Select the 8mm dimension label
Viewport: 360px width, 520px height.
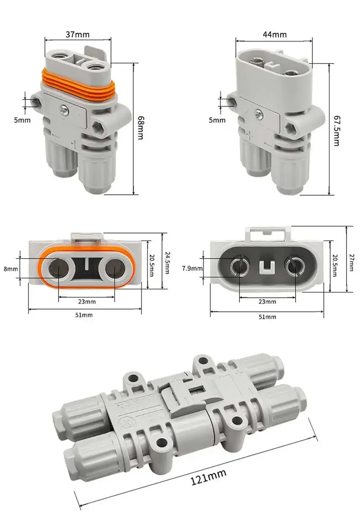point(12,269)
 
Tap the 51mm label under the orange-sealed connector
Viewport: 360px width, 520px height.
point(84,315)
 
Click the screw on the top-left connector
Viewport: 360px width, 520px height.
point(66,108)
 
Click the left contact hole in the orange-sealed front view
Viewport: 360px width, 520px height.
point(58,269)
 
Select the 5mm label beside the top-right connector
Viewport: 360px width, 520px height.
point(217,120)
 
